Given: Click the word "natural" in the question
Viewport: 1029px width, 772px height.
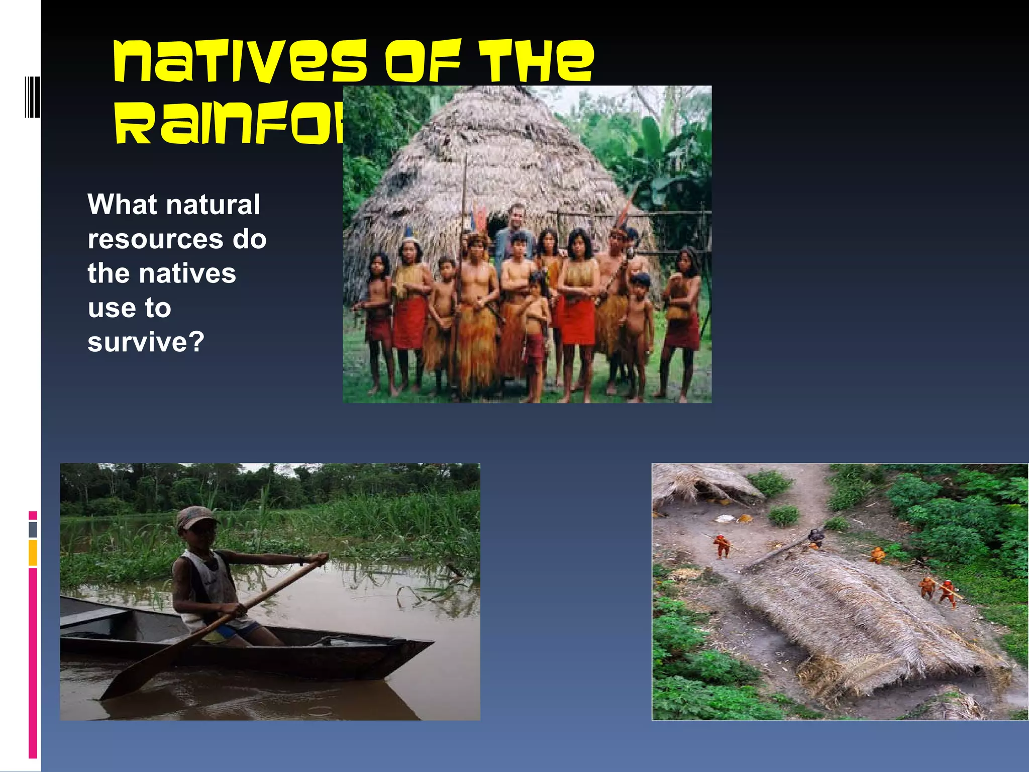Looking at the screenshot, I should (x=213, y=205).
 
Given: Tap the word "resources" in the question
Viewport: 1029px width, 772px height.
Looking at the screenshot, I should (x=155, y=239).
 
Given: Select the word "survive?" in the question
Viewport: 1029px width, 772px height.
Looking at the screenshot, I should (x=146, y=342).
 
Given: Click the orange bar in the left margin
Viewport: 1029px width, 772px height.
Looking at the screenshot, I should (x=33, y=552).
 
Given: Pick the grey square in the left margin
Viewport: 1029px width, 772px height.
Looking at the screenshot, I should (x=33, y=529).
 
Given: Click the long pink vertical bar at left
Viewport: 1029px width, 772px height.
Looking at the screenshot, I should (x=33, y=663).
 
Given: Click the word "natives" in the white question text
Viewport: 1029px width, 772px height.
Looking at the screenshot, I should (x=187, y=274).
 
